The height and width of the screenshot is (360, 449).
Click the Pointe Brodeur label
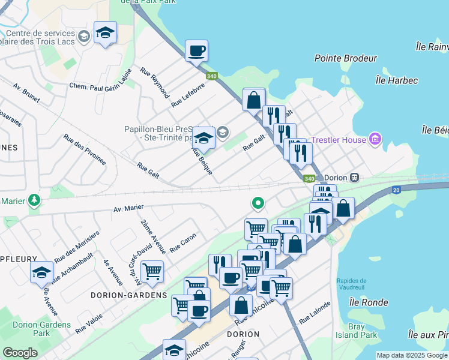point(346,58)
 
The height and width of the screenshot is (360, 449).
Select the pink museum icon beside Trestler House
point(376,139)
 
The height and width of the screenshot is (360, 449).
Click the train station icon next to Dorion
point(355,178)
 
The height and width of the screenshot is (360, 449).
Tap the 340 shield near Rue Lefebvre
point(211,76)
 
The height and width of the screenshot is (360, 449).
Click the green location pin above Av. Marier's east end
point(258,204)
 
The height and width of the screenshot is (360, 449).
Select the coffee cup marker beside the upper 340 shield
point(196,51)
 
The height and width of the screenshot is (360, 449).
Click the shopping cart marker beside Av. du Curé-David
point(152,271)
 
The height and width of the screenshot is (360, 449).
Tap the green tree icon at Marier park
point(34,200)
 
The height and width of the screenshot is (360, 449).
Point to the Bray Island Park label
point(356,331)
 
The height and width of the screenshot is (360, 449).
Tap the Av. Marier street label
point(128,208)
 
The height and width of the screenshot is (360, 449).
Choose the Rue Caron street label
point(183,242)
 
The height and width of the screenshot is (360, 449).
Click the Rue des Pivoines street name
point(85,149)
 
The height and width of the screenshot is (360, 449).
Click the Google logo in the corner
point(20,353)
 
